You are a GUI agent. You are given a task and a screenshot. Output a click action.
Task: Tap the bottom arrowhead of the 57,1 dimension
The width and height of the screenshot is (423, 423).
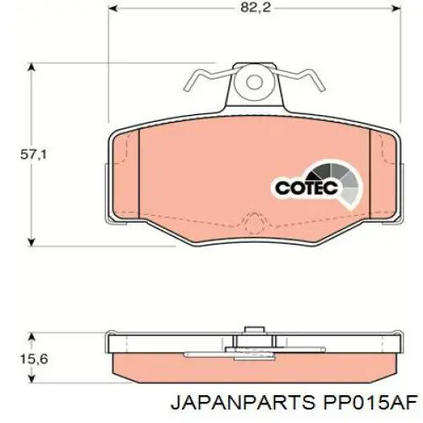[x=31, y=240]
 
